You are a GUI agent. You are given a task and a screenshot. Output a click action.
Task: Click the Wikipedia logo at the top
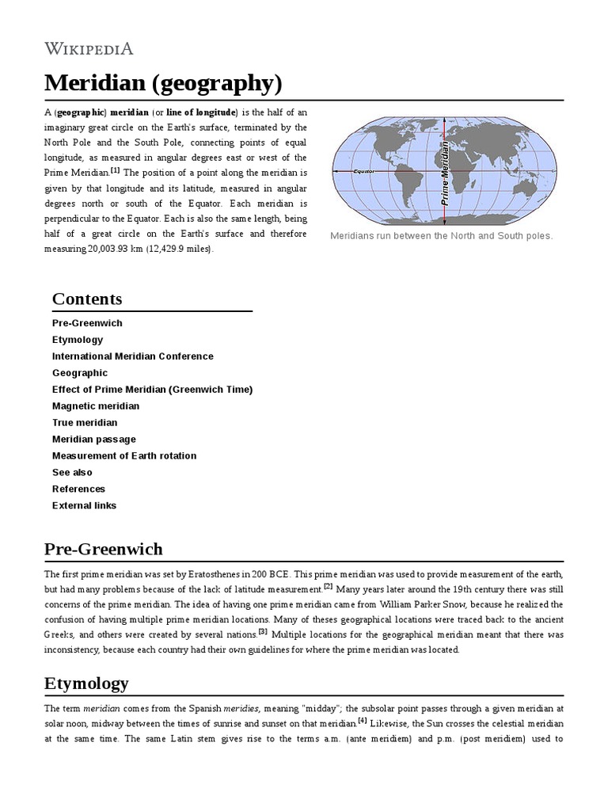click(x=89, y=48)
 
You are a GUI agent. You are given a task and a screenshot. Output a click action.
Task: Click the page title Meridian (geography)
click(x=162, y=82)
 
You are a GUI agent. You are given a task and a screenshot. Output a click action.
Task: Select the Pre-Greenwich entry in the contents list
click(x=87, y=323)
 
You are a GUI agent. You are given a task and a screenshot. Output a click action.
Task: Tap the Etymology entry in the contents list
click(x=78, y=340)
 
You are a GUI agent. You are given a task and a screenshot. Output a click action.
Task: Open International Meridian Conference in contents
click(x=132, y=356)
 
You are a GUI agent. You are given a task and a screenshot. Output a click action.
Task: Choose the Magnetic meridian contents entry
click(x=95, y=405)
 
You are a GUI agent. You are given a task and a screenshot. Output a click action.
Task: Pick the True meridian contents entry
click(x=85, y=422)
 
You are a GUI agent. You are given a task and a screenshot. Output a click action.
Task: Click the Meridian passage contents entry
click(x=93, y=439)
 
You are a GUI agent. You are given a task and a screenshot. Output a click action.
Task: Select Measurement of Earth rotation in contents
click(x=124, y=455)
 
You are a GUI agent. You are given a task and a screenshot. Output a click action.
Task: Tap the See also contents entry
click(x=72, y=472)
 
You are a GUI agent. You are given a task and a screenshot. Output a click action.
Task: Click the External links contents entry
click(x=84, y=505)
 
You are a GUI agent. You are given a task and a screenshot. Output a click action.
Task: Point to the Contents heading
click(x=87, y=299)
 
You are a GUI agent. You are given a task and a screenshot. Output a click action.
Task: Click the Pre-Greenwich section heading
click(x=103, y=549)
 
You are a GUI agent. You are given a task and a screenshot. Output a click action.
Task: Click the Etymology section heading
click(x=86, y=683)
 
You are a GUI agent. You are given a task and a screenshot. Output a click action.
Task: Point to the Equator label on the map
click(x=363, y=170)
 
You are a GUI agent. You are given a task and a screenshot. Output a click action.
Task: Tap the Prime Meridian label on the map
click(x=445, y=173)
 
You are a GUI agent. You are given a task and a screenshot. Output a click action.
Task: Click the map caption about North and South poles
click(x=441, y=236)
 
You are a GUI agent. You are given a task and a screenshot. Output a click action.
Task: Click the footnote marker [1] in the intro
click(x=115, y=170)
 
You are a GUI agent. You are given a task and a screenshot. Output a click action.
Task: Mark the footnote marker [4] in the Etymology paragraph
click(x=362, y=721)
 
